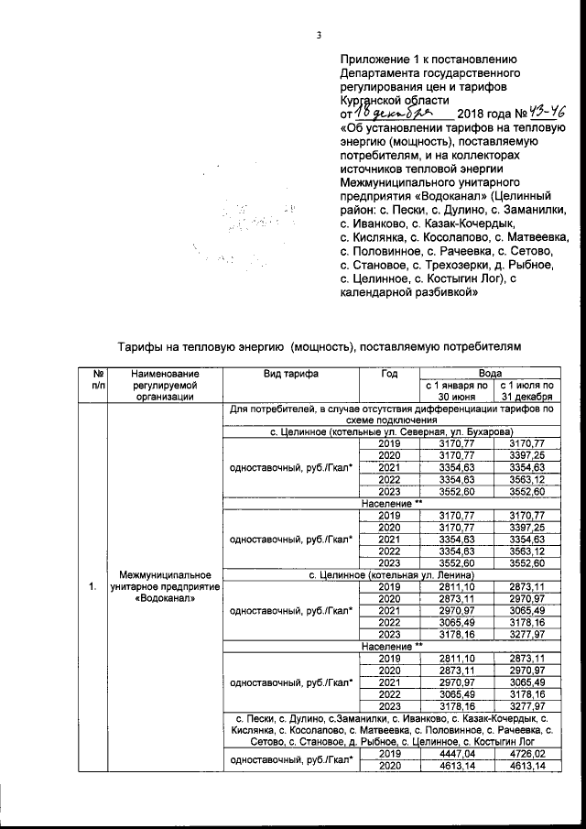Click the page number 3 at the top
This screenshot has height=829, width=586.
point(319,36)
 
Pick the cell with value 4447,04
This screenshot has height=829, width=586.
point(454,753)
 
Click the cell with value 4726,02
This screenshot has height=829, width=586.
point(526,753)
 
